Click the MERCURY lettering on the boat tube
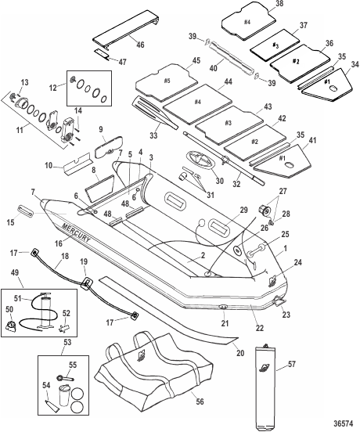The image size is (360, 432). click(x=76, y=232)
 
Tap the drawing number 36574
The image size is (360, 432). click(x=343, y=423)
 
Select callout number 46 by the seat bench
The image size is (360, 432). click(x=140, y=44)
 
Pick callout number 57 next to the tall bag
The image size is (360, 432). click(x=291, y=364)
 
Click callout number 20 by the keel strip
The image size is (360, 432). click(x=240, y=353)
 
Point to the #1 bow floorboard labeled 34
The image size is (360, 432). click(x=327, y=85)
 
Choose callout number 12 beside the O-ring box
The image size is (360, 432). click(x=53, y=88)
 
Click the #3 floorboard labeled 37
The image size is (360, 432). click(x=275, y=45)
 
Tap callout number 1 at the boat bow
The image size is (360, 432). click(x=286, y=248)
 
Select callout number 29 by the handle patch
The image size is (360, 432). click(x=243, y=210)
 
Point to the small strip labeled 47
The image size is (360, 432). click(x=102, y=55)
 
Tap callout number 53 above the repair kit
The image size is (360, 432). click(x=67, y=342)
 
